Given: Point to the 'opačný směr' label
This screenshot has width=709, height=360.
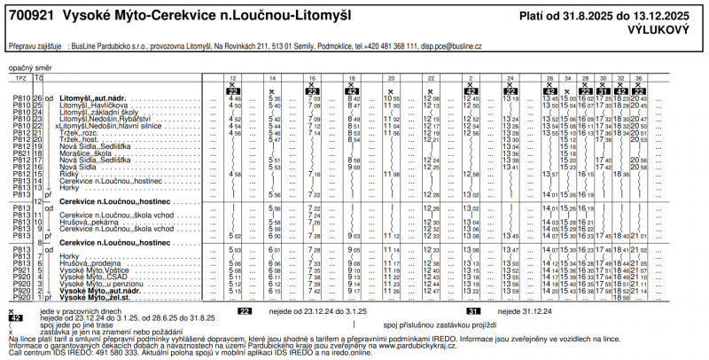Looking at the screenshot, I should pos(27,67).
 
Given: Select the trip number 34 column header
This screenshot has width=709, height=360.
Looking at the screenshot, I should pos(568,78).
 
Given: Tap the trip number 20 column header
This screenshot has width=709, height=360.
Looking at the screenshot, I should pos(392,78).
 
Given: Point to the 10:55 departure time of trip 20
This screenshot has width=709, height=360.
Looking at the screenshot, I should pos(393,98).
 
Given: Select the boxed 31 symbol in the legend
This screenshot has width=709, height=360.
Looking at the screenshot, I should pos(473,311).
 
